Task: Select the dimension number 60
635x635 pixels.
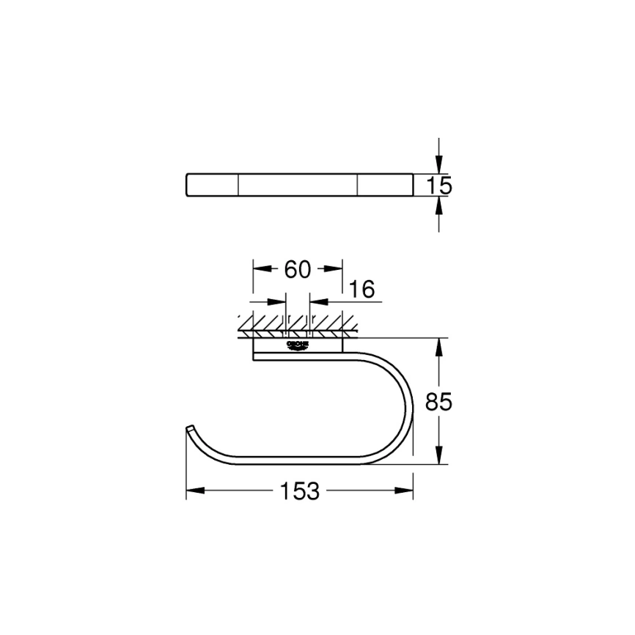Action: tap(297, 269)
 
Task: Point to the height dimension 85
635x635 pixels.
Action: tap(439, 401)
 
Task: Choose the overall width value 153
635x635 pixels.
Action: tap(299, 491)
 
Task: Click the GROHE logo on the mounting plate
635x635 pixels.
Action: tap(298, 345)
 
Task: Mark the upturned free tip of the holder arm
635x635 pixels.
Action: tap(190, 427)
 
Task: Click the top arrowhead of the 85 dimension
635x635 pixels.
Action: tap(439, 345)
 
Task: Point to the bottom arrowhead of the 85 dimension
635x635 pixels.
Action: tap(439, 457)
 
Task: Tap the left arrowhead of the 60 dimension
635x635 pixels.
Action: tap(260, 269)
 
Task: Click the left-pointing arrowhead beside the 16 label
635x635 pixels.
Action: tap(316, 301)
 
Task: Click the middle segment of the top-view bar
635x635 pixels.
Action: tap(298, 186)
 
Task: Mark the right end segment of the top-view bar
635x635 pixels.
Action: tap(385, 186)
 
